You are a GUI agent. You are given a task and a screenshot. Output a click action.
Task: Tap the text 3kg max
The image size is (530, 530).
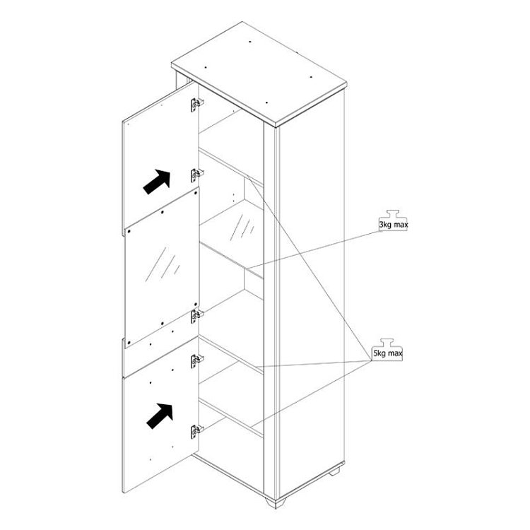[x=393, y=225]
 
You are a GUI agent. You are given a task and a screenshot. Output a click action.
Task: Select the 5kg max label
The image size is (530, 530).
[x=387, y=353]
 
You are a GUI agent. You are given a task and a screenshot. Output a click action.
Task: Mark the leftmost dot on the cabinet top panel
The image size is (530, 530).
[x=206, y=67]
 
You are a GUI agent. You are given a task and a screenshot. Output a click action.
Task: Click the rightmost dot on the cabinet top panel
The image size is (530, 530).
[x=311, y=77]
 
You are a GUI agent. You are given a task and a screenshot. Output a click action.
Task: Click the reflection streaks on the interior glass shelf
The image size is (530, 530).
[x=242, y=226]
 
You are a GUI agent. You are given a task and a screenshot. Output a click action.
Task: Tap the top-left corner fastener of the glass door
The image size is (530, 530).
[x=129, y=232]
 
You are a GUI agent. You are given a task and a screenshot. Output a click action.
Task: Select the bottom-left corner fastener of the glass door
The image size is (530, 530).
[x=129, y=342]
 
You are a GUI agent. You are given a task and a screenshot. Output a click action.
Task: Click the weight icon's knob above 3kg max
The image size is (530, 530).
[x=392, y=214]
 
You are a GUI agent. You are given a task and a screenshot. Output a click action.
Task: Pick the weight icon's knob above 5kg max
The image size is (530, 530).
[x=387, y=343]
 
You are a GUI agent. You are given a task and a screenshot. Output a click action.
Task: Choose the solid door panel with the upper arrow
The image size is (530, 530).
[x=160, y=159]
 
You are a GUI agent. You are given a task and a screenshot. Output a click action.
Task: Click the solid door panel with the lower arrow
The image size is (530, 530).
[x=160, y=414]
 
